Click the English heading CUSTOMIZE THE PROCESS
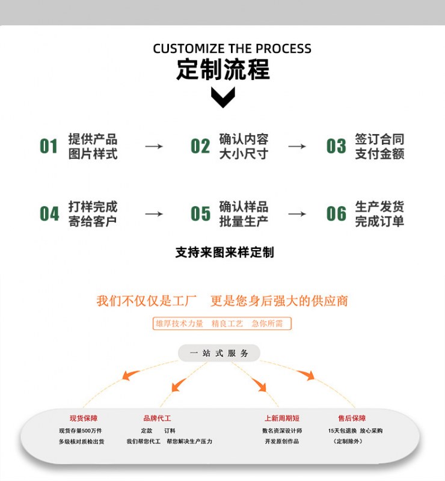pos(232,49)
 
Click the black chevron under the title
pos(223,97)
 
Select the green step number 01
pos(49,146)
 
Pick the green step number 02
pos(200,146)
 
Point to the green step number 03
pos(336,146)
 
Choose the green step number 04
pos(49,213)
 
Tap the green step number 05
pos(200,213)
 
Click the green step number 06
pos(336,213)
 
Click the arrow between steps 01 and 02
pos(154,146)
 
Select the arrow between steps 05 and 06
pos(296,213)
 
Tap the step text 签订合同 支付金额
pos(379,146)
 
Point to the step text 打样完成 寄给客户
pos(93,213)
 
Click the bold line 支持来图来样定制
pos(224,253)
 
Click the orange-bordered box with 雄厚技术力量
pos(222,323)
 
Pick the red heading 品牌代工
pos(157,418)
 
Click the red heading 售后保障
pos(352,418)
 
